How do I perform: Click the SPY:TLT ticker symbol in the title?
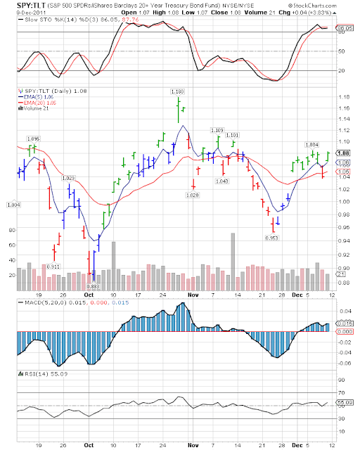click(23, 6)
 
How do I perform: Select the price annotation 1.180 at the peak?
click(179, 91)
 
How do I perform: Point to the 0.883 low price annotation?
click(93, 287)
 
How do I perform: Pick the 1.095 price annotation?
click(32, 139)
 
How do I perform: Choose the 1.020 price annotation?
click(195, 194)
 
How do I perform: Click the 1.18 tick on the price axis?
click(344, 98)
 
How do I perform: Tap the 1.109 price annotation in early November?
click(217, 130)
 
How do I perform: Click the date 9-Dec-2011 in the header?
click(19, 12)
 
